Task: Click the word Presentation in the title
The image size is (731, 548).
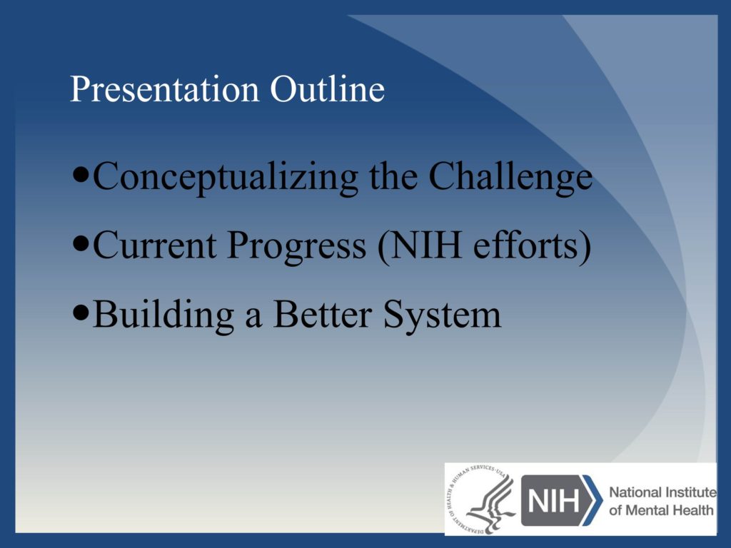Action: (164, 89)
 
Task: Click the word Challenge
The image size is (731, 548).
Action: (510, 177)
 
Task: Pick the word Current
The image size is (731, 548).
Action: (155, 245)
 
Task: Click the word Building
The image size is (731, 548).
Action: (163, 315)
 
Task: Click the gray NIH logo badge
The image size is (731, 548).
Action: (555, 500)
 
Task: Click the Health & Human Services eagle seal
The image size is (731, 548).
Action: (480, 499)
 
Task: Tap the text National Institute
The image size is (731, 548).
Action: (662, 492)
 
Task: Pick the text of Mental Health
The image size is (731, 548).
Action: (661, 509)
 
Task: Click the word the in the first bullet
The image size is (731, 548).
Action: (393, 176)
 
